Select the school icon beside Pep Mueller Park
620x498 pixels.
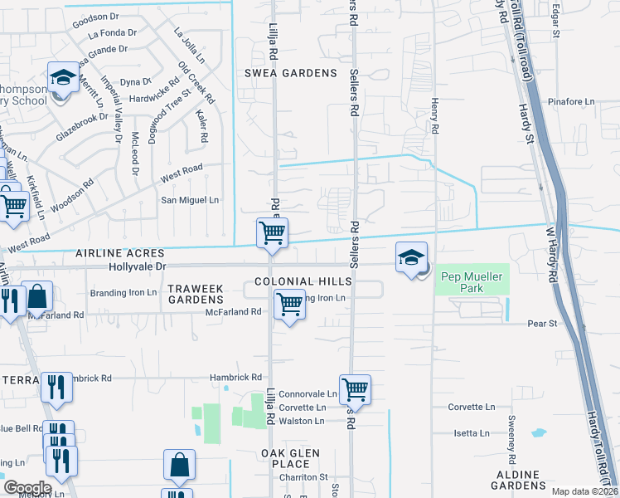point(411,258)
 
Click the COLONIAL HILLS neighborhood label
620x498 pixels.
point(303,282)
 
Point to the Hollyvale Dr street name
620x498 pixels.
point(138,266)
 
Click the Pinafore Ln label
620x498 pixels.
point(571,102)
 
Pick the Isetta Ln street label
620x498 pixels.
point(471,433)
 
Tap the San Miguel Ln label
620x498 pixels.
point(190,200)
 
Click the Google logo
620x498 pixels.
point(27,488)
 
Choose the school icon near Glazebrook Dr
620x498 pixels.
point(62,80)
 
